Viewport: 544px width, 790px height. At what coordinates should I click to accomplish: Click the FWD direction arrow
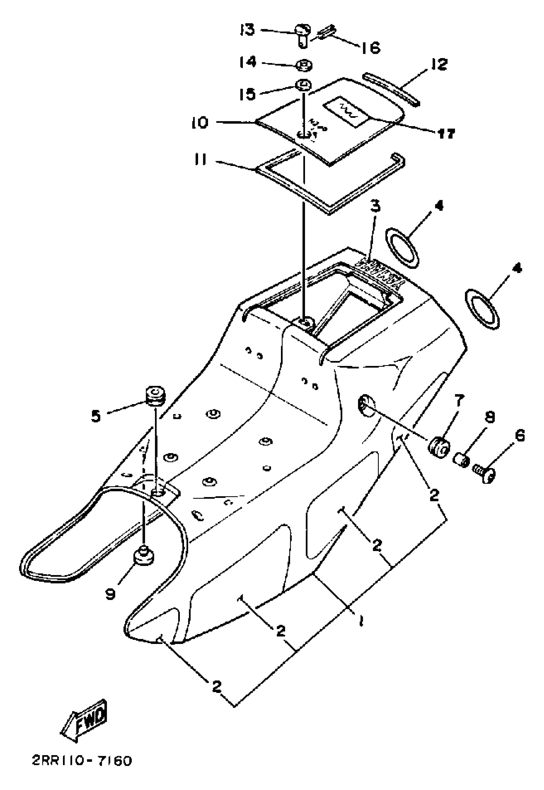tap(84, 721)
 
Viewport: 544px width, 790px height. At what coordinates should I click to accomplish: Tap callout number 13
tap(247, 30)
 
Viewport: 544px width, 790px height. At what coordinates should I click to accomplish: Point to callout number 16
tap(371, 47)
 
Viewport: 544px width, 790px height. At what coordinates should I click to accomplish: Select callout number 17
tap(446, 133)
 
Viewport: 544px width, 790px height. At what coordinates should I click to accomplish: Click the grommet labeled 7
tap(439, 447)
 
